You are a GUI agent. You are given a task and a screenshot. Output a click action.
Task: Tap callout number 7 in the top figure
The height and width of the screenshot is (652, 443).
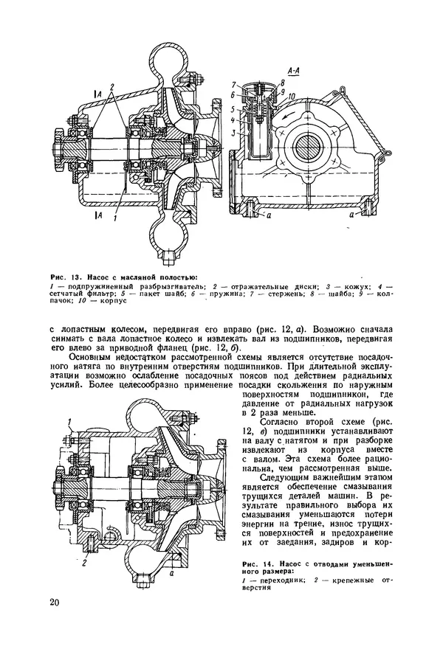[x=233, y=84]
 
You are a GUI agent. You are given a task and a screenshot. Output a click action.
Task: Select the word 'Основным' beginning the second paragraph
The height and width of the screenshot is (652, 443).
[x=94, y=358]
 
